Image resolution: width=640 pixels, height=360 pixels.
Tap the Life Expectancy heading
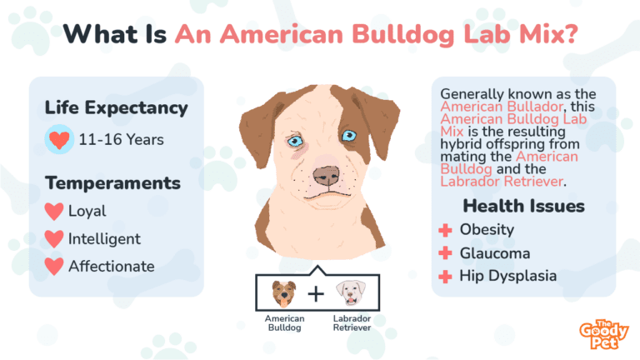(x=116, y=108)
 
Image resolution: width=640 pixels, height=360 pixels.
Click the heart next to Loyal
(x=54, y=212)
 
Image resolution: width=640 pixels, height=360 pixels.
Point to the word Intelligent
(x=105, y=239)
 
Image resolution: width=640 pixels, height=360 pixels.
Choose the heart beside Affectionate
(x=54, y=267)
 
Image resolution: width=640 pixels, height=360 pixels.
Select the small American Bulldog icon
(x=284, y=292)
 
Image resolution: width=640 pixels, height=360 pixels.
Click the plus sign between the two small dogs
(x=317, y=293)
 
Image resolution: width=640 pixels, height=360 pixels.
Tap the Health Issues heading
(x=523, y=206)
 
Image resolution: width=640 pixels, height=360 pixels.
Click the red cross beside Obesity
(x=446, y=229)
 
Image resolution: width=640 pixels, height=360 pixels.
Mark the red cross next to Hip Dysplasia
(x=446, y=276)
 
